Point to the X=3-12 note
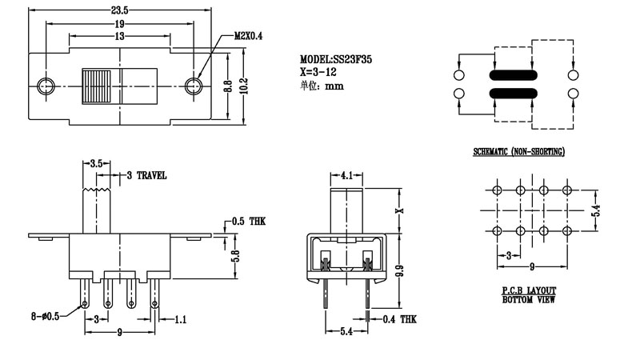(318, 72)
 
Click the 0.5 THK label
(247, 221)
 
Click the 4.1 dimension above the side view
(346, 175)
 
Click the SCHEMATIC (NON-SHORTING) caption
(518, 152)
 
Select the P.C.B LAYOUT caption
(529, 290)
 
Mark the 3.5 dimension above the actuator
(95, 163)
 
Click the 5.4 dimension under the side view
(346, 329)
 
